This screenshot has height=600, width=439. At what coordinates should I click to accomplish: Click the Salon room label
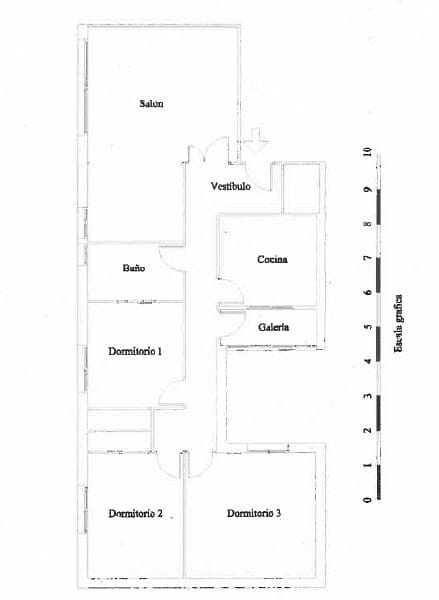pos(152,103)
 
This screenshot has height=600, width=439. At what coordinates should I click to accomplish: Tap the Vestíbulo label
pos(231,186)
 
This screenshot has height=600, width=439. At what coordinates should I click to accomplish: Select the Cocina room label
pos(272,259)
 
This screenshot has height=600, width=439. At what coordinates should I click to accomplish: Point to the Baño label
pos(134,267)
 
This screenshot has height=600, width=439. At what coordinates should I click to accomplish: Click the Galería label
pos(273,327)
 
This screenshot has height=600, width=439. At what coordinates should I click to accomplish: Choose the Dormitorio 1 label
pos(135,351)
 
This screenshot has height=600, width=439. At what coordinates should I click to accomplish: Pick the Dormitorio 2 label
pos(135,513)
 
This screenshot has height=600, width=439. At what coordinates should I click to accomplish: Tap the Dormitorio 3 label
pos(254,513)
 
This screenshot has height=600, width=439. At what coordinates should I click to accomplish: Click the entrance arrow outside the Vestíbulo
pos(256,141)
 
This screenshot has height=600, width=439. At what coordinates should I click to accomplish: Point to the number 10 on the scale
pos(368,152)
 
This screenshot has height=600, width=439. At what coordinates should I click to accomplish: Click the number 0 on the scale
pos(368,499)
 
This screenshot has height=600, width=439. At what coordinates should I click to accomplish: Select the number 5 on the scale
pos(368,327)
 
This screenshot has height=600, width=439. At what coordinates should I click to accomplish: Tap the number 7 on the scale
pos(368,258)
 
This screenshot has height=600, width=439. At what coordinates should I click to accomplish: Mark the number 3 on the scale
pos(368,396)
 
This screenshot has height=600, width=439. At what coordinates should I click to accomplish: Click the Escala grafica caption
pos(398,323)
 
